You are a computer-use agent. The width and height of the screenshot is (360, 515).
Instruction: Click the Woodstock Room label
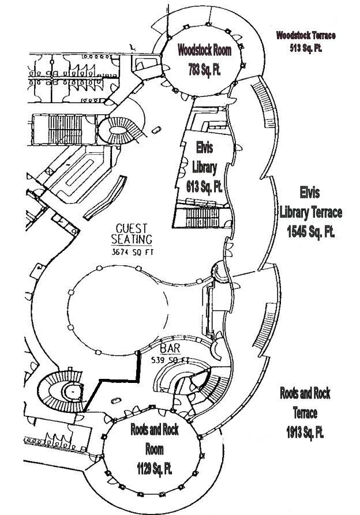coord(204,50)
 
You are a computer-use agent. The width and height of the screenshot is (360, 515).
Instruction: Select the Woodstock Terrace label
coord(305,36)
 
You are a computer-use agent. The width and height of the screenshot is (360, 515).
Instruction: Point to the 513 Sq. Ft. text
coord(305,47)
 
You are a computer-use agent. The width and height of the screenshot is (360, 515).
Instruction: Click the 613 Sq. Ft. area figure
coord(197,186)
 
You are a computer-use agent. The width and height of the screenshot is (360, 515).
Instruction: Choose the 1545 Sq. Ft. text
coord(310,231)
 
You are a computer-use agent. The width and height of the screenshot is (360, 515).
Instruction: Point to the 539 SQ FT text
coord(170,359)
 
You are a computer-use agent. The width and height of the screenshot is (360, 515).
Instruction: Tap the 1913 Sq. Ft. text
coord(305,431)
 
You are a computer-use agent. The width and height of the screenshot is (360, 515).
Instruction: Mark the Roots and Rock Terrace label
coord(305,404)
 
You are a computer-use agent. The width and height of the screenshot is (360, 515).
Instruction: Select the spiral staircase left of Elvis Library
coord(122,129)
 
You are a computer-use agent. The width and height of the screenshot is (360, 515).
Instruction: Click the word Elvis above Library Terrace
coord(310,191)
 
